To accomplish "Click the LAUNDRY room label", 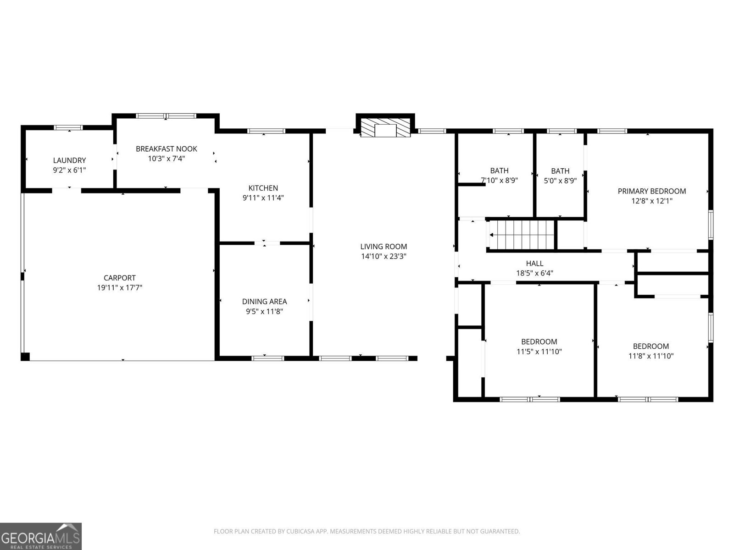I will click(69, 160).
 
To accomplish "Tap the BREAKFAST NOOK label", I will click(166, 148).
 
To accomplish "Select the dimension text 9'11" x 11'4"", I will click(263, 198).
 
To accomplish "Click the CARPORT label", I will click(119, 278).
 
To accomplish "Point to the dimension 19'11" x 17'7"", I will click(119, 288).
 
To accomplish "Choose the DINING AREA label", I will click(264, 302).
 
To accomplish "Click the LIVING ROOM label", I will click(384, 247).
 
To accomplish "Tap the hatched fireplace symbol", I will click(384, 128).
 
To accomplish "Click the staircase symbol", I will click(522, 235).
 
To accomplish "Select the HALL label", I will click(534, 263).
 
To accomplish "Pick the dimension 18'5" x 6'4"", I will click(534, 273).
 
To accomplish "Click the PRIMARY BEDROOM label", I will click(651, 191).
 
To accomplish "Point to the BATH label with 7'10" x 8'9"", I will click(499, 170).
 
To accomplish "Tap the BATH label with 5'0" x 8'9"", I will click(560, 170).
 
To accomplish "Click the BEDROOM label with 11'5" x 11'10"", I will click(539, 341).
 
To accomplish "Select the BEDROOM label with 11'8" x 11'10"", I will click(651, 346).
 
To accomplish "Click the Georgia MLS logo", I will click(40, 536).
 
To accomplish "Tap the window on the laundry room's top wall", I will click(68, 127).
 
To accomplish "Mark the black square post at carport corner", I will click(25, 357).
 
